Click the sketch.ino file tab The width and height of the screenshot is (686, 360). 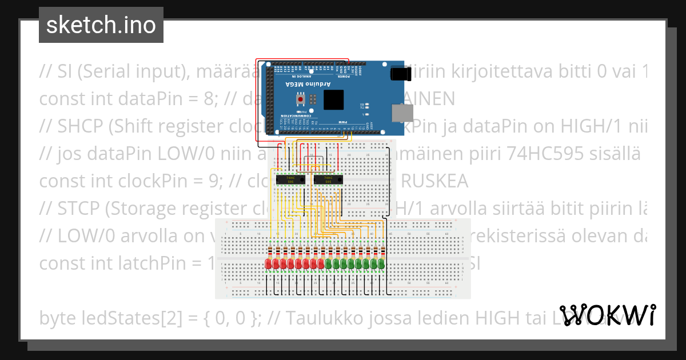(x=101, y=25)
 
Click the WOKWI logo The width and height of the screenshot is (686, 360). (x=607, y=315)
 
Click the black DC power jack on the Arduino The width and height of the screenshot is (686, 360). (x=400, y=74)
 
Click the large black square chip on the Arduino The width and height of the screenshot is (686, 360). (x=335, y=101)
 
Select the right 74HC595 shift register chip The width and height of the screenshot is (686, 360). (x=328, y=180)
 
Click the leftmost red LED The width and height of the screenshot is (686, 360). (x=269, y=264)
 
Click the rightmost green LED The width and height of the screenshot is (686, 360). (x=381, y=264)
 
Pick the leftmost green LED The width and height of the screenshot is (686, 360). (x=329, y=264)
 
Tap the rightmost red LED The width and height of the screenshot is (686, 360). (x=321, y=264)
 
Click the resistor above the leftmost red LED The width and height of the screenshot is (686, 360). (x=269, y=251)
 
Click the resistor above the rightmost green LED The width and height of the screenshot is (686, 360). (x=381, y=251)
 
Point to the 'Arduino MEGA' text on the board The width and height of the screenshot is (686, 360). (x=308, y=85)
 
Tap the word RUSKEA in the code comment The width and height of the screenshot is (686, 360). (x=434, y=182)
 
